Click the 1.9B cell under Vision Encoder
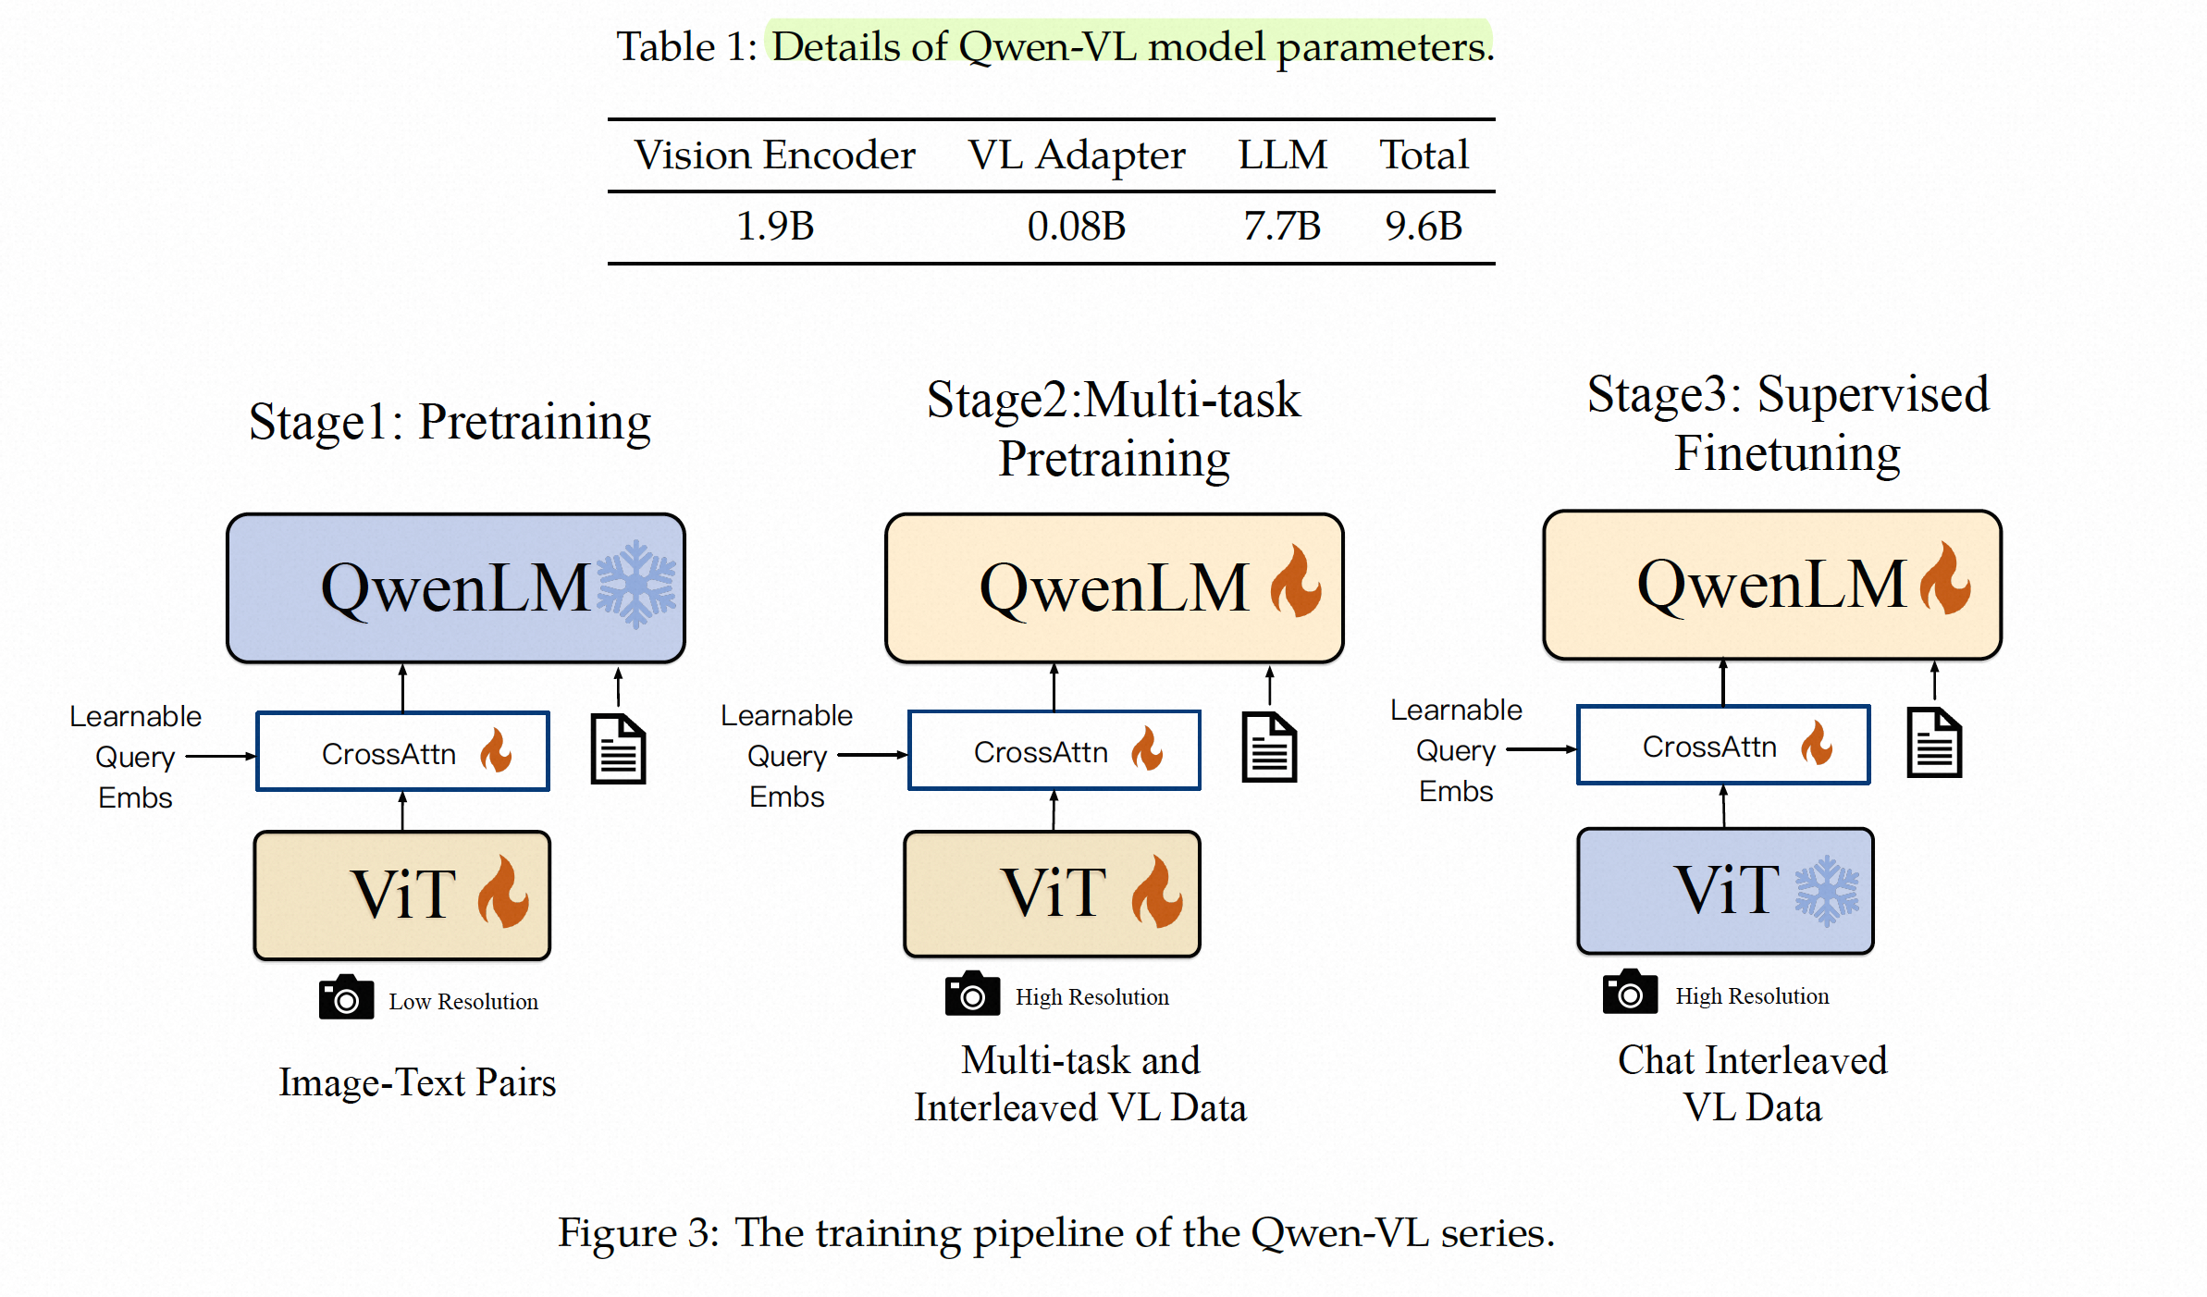pyautogui.click(x=775, y=227)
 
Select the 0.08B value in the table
pyautogui.click(x=1076, y=227)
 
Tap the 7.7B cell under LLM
pyautogui.click(x=1282, y=227)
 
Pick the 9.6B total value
pyautogui.click(x=1424, y=227)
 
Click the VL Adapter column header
pyautogui.click(x=1077, y=155)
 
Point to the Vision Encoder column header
pyautogui.click(x=774, y=155)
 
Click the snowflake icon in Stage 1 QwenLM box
pyautogui.click(x=636, y=586)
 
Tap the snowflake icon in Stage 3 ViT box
pyautogui.click(x=1827, y=891)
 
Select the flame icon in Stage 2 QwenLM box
pyautogui.click(x=1296, y=582)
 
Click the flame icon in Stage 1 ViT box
pyautogui.click(x=503, y=892)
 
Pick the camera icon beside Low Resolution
pyautogui.click(x=346, y=997)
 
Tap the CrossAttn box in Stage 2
pyautogui.click(x=1054, y=750)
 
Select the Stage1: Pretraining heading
pyautogui.click(x=450, y=422)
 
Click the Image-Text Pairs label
pyautogui.click(x=417, y=1082)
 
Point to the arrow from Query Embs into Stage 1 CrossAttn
pyautogui.click(x=221, y=756)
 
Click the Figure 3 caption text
pyautogui.click(x=1055, y=1233)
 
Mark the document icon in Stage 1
pyautogui.click(x=618, y=748)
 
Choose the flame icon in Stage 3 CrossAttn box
pyautogui.click(x=1817, y=744)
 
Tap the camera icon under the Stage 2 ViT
pyautogui.click(x=972, y=994)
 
